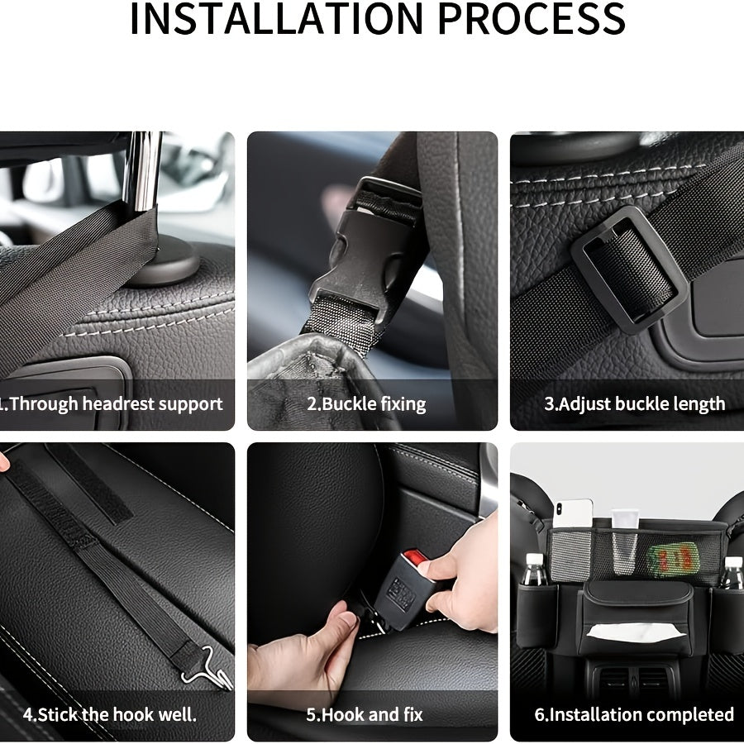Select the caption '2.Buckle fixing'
(x=366, y=404)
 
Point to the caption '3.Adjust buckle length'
(x=634, y=404)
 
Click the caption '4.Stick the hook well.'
(x=110, y=714)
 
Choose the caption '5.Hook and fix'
(x=365, y=714)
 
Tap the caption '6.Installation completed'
(x=634, y=714)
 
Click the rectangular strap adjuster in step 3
(x=628, y=269)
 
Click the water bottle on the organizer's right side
(x=732, y=573)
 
